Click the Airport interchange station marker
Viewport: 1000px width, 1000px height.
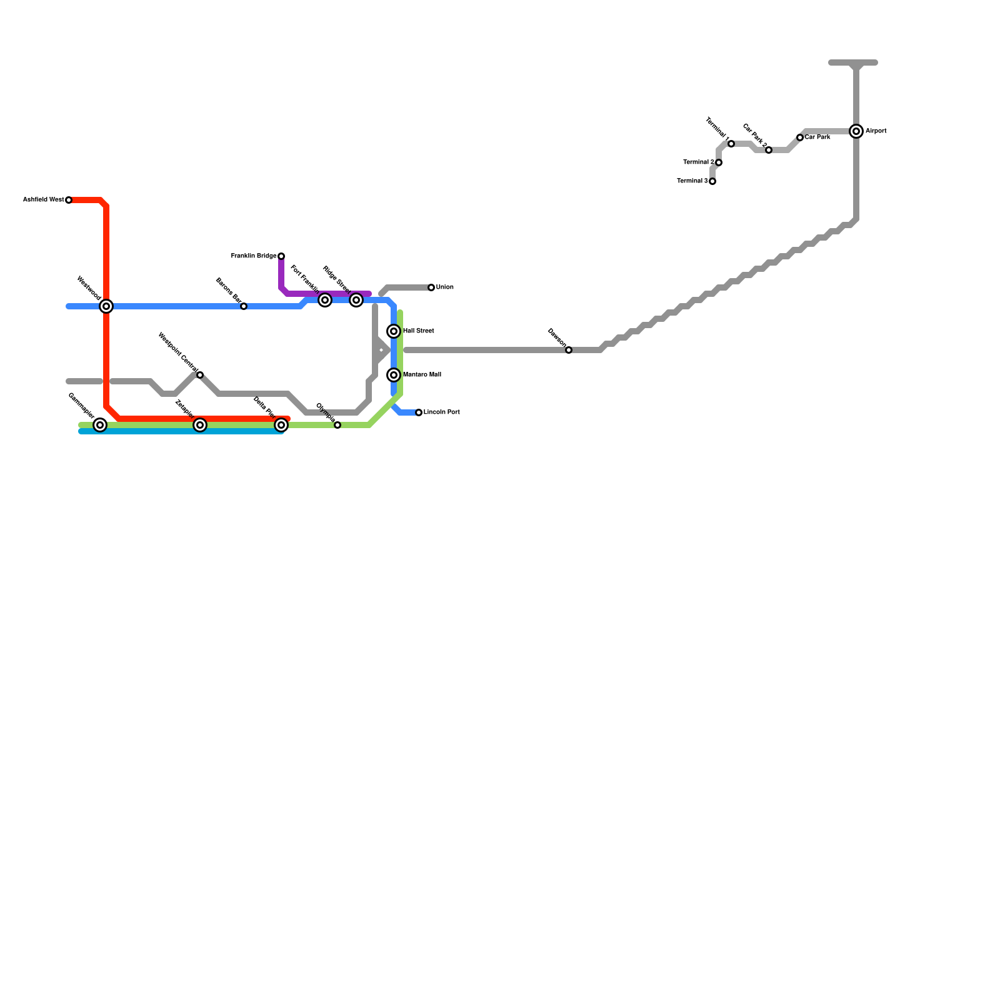tap(856, 131)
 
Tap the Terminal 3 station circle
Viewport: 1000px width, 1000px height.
tap(712, 181)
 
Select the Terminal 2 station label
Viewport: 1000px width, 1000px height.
tap(698, 162)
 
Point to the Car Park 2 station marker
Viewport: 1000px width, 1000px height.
tap(769, 150)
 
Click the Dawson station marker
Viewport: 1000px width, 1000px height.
tap(569, 350)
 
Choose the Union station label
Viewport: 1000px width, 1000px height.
tap(445, 287)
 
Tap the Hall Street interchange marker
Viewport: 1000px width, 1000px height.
tap(394, 331)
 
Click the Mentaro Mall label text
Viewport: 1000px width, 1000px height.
tap(422, 375)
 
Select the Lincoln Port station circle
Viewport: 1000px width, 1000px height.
tap(419, 412)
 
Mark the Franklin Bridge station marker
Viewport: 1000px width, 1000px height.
tap(281, 256)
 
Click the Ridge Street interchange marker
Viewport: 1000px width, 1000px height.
tap(356, 300)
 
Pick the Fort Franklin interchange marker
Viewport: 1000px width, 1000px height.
tap(325, 300)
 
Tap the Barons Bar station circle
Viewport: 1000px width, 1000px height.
tap(244, 306)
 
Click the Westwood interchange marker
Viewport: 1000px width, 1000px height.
tap(106, 306)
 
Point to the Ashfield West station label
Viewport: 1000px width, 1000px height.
tap(43, 200)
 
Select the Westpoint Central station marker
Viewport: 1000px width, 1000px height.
tap(200, 375)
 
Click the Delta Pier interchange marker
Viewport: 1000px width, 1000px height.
tap(281, 425)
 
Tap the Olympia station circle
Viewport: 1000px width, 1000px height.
tap(337, 425)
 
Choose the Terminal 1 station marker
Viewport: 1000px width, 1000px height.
tap(731, 144)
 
